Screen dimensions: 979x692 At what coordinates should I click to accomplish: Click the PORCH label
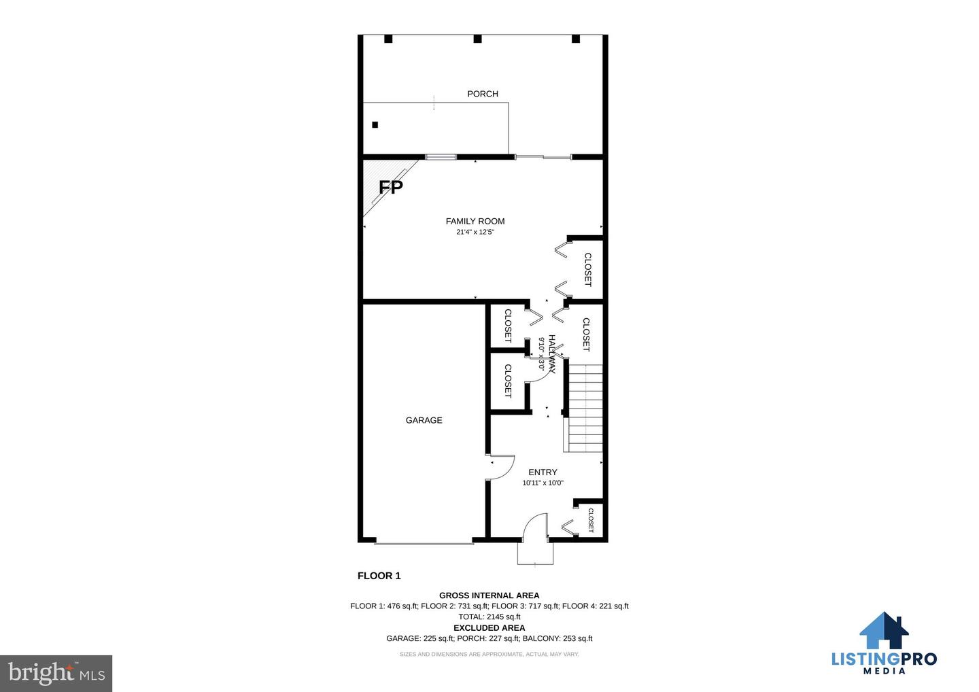tap(483, 94)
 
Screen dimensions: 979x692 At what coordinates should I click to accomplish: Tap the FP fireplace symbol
tap(390, 187)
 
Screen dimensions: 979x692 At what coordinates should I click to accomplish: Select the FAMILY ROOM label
tap(475, 222)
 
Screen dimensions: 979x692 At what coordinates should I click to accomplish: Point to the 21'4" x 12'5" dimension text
tap(475, 232)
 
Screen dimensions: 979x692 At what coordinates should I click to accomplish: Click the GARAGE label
tap(424, 420)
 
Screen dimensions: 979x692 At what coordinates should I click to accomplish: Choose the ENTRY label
tap(543, 472)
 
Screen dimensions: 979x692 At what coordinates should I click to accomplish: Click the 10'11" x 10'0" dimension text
tap(543, 483)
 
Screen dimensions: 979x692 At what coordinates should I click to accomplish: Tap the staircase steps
tap(583, 408)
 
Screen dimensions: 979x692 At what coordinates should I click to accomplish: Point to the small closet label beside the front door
tap(591, 520)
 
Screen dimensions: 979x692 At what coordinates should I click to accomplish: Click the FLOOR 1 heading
tap(379, 576)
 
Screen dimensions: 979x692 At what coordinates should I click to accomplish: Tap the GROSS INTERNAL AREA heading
tap(489, 595)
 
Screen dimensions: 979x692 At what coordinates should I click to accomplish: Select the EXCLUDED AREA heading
tap(489, 628)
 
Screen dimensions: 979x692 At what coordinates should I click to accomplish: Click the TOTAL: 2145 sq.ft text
tap(489, 617)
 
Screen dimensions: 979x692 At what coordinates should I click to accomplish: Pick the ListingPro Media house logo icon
tap(884, 630)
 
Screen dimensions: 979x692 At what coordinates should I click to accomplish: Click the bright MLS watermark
tap(56, 673)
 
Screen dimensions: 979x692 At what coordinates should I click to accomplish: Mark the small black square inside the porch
tap(375, 125)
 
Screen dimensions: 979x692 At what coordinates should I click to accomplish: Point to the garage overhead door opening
tap(424, 543)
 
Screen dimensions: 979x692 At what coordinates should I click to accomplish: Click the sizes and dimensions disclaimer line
tap(489, 655)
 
